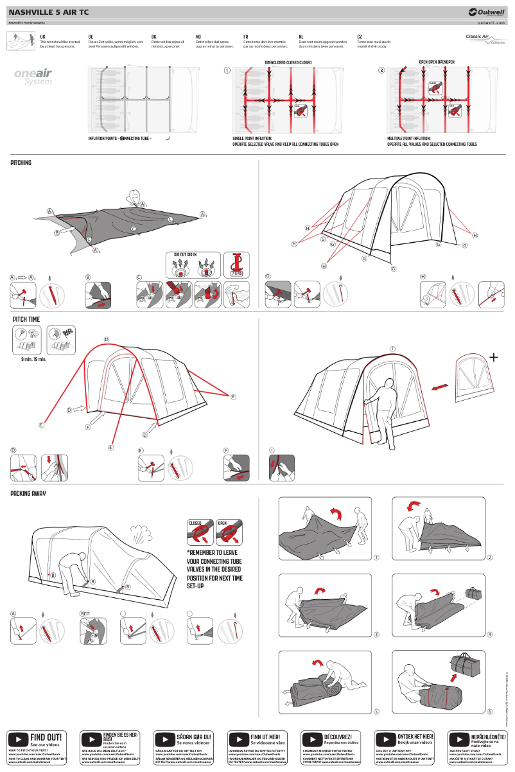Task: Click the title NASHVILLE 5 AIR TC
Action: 48,12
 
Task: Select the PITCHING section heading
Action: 21,163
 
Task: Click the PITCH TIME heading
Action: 26,319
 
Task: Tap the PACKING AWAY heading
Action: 28,494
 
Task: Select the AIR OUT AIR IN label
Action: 186,255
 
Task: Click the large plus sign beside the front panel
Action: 493,357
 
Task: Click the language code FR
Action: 246,37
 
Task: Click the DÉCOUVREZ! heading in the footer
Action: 340,736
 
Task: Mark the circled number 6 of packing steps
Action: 489,712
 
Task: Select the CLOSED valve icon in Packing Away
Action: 200,532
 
